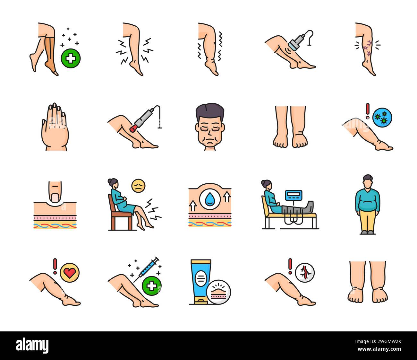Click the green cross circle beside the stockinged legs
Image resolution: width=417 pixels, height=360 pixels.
coord(71,59)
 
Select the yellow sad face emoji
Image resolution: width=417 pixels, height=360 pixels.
coord(138,186)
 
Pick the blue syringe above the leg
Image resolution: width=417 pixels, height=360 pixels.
coord(147,269)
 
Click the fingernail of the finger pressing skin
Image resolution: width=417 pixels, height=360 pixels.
coord(55,197)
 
